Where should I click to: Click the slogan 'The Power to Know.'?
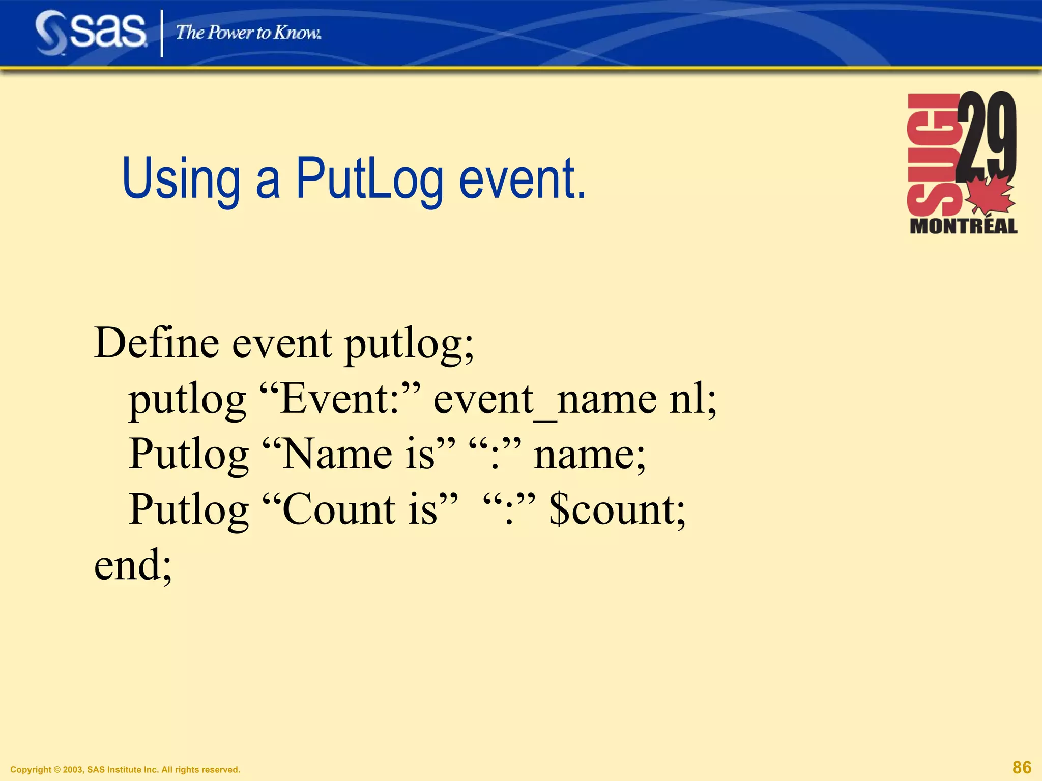click(x=248, y=33)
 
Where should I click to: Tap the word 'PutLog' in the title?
click(x=369, y=179)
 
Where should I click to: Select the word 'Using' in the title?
click(x=181, y=179)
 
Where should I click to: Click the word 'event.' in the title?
click(x=522, y=179)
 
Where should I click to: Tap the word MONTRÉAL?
click(x=963, y=226)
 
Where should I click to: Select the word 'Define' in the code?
click(x=157, y=343)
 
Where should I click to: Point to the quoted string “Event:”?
click(x=340, y=399)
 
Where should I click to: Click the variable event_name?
click(x=545, y=399)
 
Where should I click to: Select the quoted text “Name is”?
click(x=359, y=454)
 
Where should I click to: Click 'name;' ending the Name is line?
click(x=589, y=454)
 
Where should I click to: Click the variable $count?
click(x=617, y=509)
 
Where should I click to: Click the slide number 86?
click(x=1022, y=767)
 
